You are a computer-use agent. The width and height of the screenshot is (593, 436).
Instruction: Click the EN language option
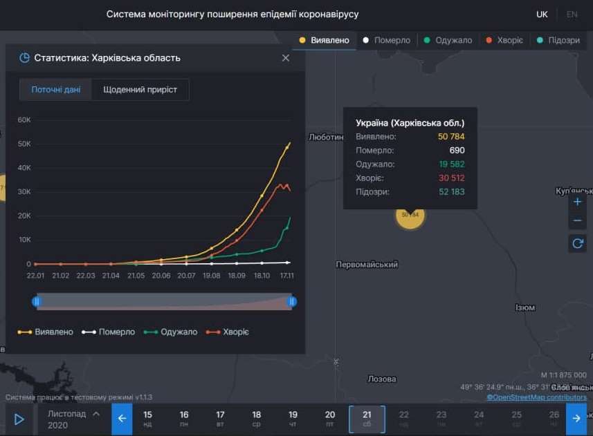tap(572, 15)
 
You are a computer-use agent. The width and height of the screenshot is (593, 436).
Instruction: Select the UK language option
tap(542, 15)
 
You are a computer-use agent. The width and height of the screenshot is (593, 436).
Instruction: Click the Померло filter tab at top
tap(387, 40)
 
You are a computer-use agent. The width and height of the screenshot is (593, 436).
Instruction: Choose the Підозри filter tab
tap(558, 40)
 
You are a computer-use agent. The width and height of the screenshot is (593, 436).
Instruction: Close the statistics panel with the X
tap(286, 58)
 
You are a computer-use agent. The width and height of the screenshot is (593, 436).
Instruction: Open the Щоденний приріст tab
tap(140, 90)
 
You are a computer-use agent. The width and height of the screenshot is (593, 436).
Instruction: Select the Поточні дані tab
tap(56, 90)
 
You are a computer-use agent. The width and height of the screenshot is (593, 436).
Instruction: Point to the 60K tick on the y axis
tap(24, 120)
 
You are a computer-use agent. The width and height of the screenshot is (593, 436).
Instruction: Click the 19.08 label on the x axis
tap(211, 276)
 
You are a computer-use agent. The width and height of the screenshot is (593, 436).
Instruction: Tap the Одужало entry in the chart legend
tap(173, 332)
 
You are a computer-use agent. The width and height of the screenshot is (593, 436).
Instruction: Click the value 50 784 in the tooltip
tap(451, 137)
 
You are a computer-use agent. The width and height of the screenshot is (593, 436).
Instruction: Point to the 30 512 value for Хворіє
tap(451, 178)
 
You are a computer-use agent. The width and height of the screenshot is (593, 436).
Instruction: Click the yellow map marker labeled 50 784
tap(410, 215)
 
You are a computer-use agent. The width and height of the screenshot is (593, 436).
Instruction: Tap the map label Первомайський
tap(366, 265)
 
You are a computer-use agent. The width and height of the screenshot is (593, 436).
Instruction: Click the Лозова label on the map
tap(382, 379)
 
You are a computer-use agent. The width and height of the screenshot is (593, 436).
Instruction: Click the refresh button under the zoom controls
tap(578, 243)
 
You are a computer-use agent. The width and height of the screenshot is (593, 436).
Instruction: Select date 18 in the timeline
tap(257, 419)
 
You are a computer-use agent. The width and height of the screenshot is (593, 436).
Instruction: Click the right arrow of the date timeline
tap(576, 419)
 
